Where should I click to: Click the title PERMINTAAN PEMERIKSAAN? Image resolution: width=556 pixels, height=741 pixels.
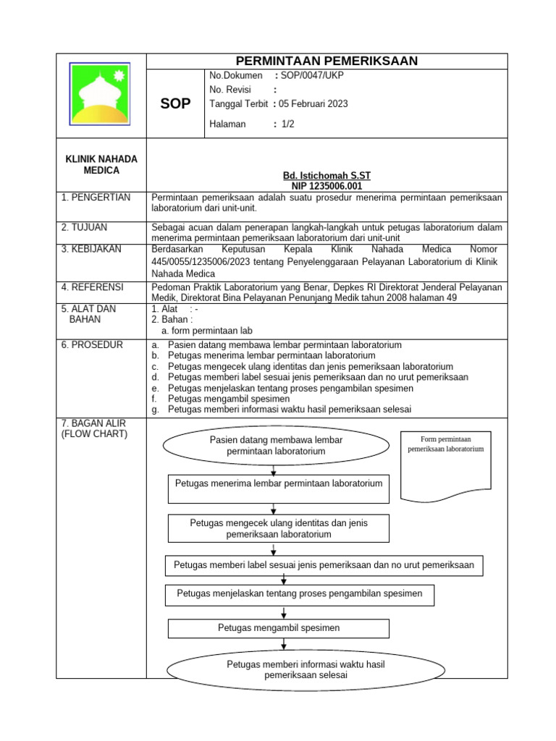(327, 61)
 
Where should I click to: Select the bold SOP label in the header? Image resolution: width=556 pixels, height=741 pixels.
(176, 103)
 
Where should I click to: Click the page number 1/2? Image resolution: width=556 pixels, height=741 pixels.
(288, 124)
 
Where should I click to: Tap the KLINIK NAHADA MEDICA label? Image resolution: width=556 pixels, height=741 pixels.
(101, 164)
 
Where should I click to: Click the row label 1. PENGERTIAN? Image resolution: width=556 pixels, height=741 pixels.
(96, 198)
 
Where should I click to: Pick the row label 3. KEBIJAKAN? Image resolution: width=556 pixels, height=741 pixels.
(93, 249)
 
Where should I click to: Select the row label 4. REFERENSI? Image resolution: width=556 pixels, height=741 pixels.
(93, 287)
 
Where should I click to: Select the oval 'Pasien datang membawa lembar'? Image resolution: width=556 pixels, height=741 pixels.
(276, 445)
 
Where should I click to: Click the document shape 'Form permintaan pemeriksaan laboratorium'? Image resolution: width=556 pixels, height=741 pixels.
(446, 463)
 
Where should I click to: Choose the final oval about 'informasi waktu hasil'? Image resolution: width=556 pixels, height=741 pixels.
(286, 669)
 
